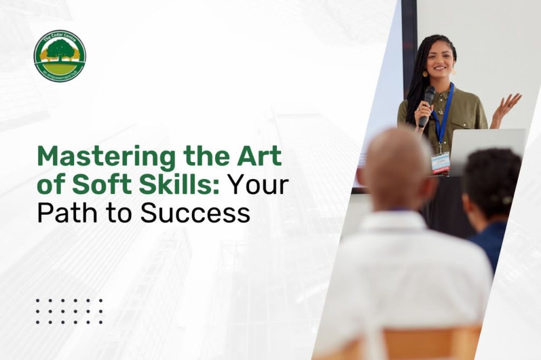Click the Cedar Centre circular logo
pos(60,56)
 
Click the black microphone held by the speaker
pos(427,105)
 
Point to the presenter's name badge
pos(440,162)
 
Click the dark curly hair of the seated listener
pos(491,174)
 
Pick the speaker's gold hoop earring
pos(453,71)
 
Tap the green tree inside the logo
pos(60,50)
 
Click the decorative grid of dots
pos(69,311)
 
